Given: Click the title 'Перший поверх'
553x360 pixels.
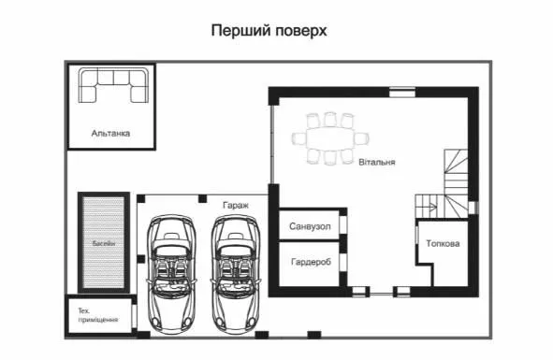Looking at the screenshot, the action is [x=269, y=31].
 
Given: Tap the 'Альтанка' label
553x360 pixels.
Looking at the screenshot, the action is [x=110, y=134].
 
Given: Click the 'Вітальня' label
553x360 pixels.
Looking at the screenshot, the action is [x=377, y=162].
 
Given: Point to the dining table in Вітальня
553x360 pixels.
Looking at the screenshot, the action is [x=330, y=138].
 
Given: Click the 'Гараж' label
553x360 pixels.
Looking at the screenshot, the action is [x=236, y=205].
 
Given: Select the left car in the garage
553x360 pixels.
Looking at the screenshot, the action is [x=172, y=274].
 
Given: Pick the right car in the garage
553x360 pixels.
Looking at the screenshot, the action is [x=236, y=274].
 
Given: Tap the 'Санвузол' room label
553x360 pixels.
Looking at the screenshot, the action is [x=310, y=226].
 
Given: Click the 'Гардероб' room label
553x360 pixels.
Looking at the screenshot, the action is [x=311, y=262].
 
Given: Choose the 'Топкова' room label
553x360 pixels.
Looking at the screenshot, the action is [x=443, y=244].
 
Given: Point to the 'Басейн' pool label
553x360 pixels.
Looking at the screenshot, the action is [x=104, y=243].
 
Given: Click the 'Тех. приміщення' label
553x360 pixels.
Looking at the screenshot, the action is [x=98, y=315].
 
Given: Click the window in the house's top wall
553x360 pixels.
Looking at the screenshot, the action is [x=402, y=92].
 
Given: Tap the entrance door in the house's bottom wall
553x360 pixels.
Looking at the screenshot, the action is [x=381, y=293].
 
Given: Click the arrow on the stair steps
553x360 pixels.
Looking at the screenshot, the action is [x=431, y=207].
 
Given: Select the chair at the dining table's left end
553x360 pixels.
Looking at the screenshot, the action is [x=298, y=138].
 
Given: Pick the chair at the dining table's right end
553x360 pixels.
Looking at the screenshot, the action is [x=361, y=138].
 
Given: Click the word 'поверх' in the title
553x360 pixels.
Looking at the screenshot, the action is [x=301, y=32].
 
